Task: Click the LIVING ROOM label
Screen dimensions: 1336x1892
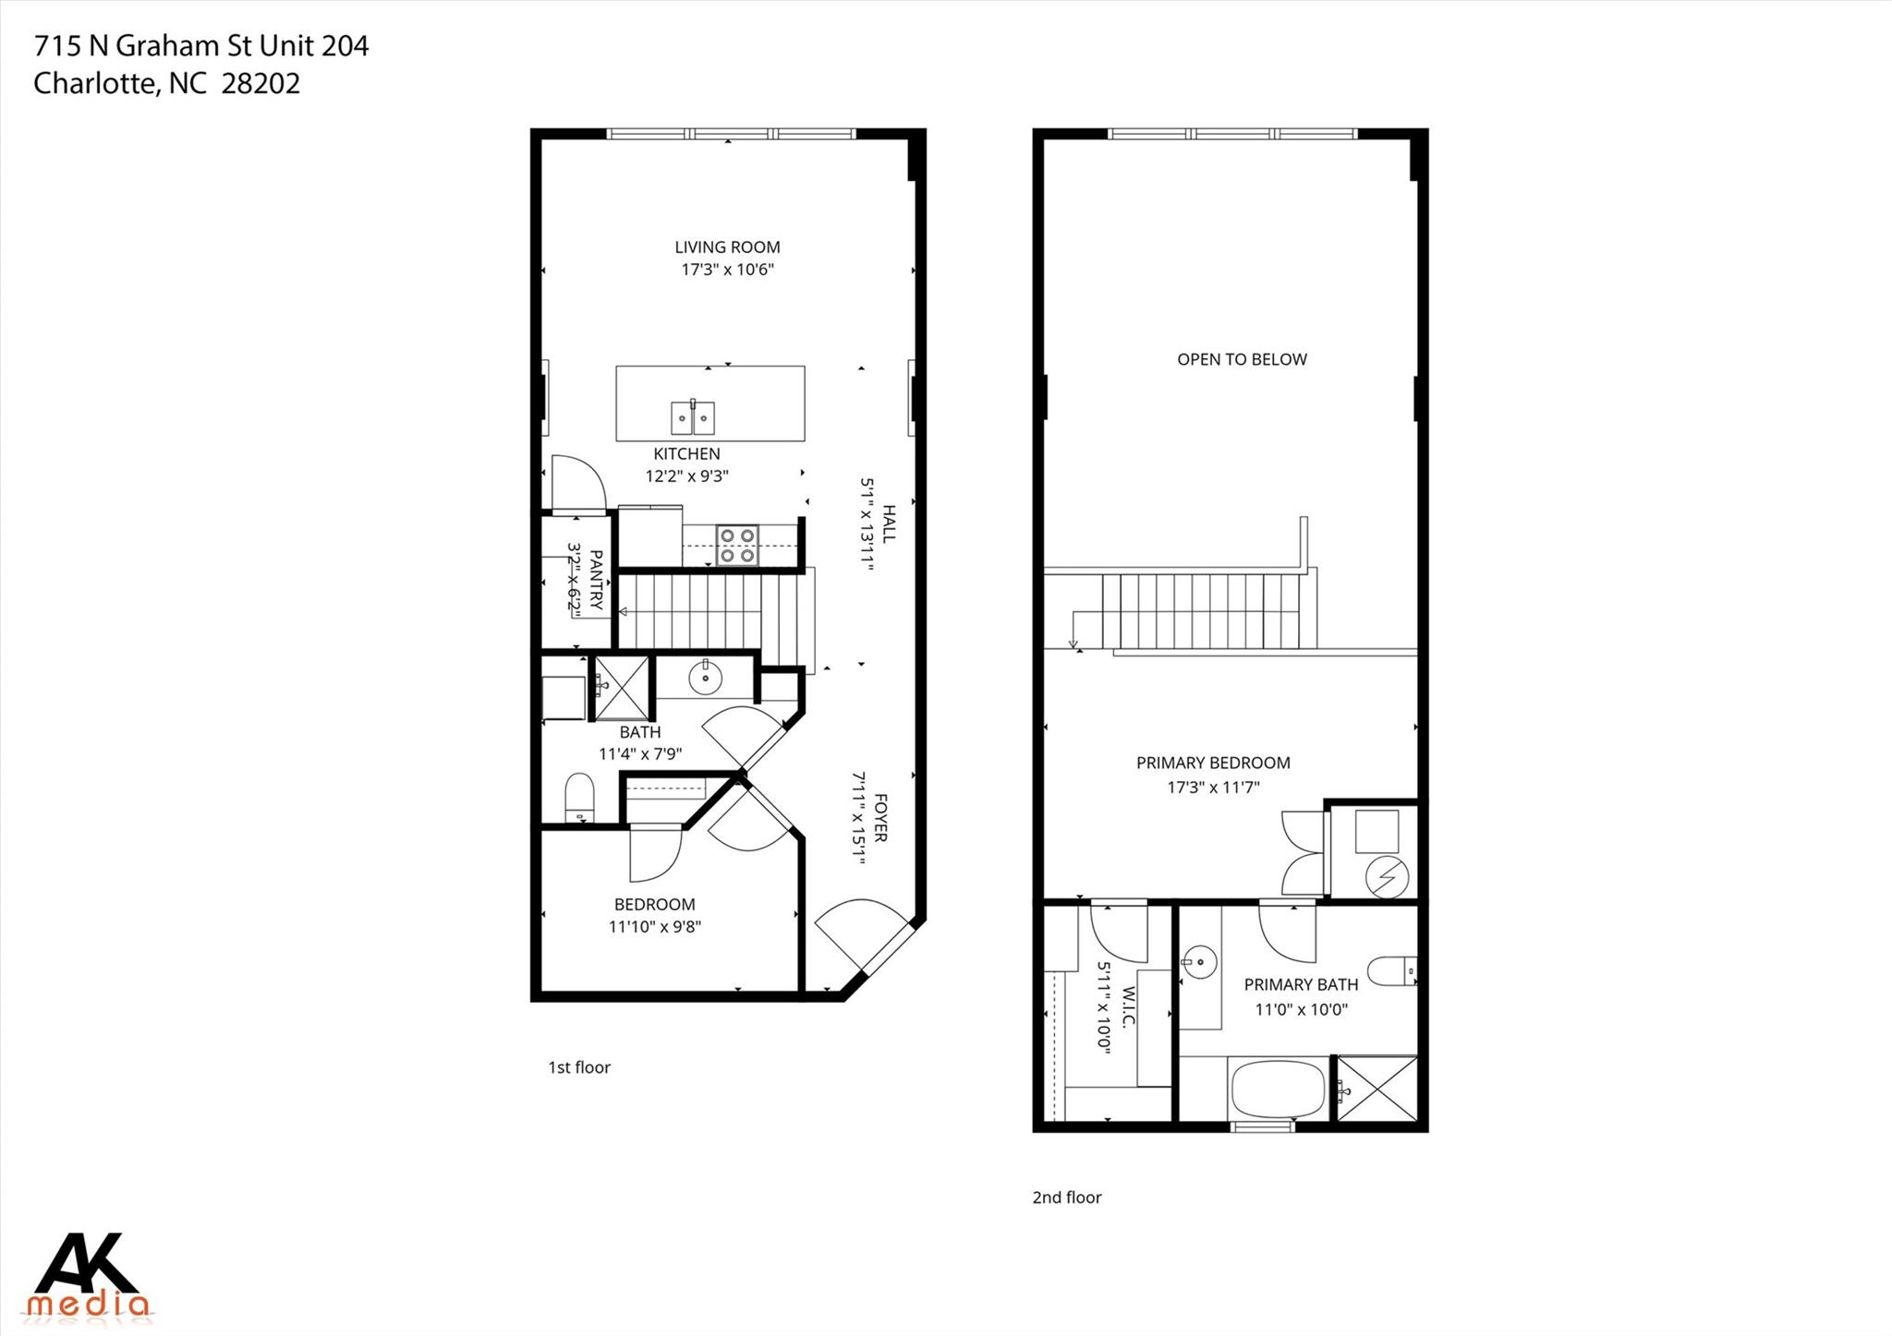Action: point(727,247)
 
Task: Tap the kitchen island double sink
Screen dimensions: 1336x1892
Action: point(692,418)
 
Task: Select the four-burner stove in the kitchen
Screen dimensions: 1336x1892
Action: point(738,545)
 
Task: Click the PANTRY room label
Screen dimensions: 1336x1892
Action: point(596,580)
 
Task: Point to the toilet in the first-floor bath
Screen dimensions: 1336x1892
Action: point(579,797)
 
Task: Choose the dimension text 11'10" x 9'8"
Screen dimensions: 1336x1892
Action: point(654,927)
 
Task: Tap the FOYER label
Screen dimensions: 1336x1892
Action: point(879,818)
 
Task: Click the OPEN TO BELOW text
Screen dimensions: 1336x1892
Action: point(1242,360)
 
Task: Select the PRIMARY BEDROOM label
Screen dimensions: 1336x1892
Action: point(1213,764)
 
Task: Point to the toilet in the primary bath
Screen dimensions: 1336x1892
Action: point(1391,971)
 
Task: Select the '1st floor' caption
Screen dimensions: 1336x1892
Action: point(579,1068)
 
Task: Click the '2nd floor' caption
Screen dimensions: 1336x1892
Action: point(1067,1198)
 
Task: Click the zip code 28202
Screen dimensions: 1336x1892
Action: point(261,84)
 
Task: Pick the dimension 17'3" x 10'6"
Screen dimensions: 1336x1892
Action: point(727,271)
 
